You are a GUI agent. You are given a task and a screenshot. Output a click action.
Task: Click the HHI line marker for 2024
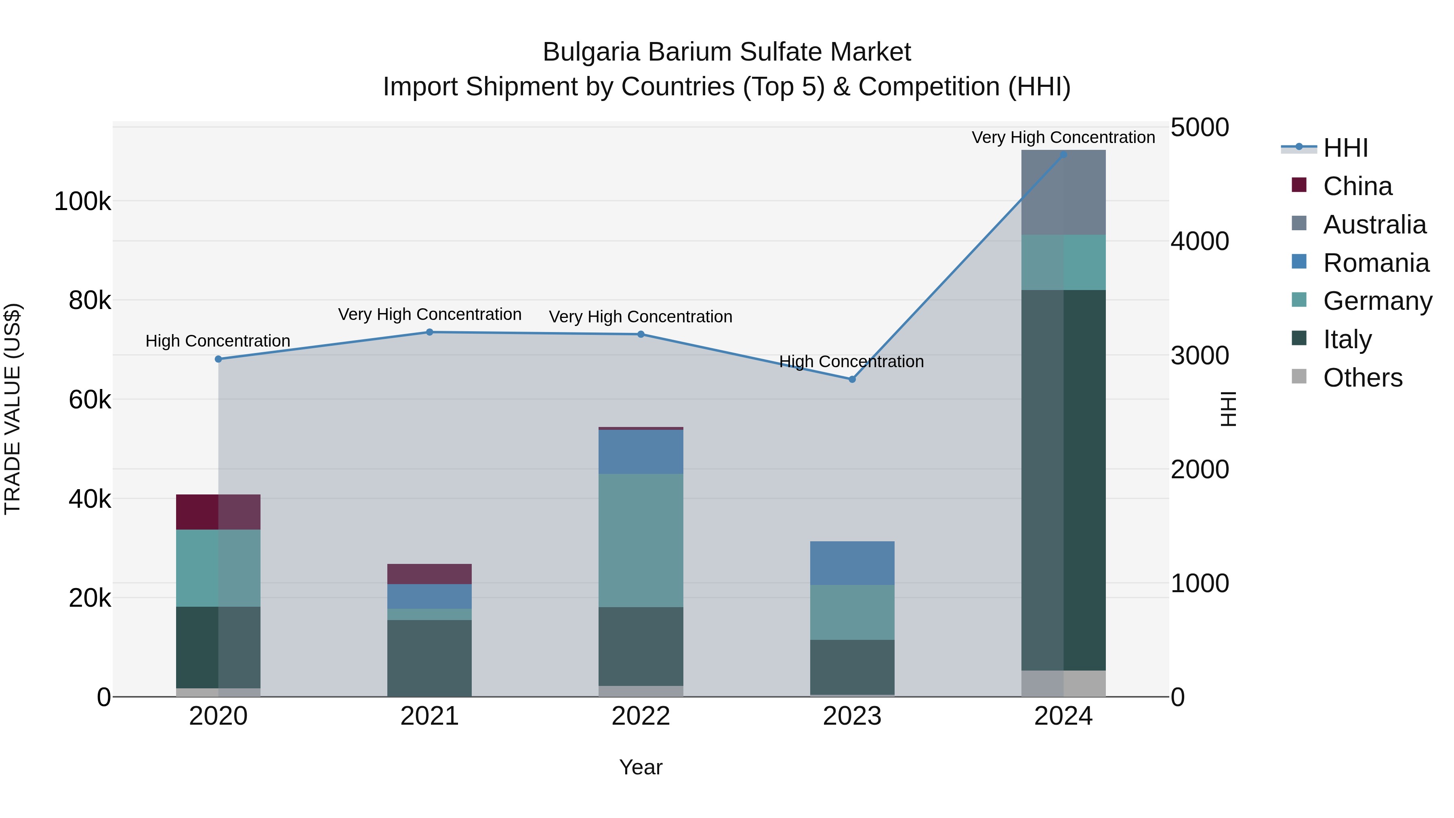click(x=1063, y=154)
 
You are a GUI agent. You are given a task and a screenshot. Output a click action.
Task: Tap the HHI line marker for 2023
click(x=852, y=379)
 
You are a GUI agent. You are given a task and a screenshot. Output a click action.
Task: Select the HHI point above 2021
click(x=430, y=332)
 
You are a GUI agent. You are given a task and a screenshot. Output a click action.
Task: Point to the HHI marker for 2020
click(x=219, y=359)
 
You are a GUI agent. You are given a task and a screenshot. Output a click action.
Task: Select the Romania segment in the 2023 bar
click(x=852, y=563)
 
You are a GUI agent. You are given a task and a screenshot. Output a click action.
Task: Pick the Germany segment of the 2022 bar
click(x=641, y=540)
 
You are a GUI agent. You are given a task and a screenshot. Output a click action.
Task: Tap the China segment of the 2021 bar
click(x=430, y=574)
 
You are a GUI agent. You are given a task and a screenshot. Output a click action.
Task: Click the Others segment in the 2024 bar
click(x=1063, y=683)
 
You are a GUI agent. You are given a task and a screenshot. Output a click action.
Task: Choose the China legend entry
click(x=1357, y=186)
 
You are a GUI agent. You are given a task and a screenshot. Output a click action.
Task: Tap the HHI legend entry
click(x=1345, y=148)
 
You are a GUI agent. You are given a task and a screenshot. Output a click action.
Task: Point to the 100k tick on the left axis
click(x=82, y=202)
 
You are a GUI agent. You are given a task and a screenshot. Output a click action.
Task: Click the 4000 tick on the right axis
click(x=1200, y=241)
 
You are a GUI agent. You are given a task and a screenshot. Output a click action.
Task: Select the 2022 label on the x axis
click(x=641, y=716)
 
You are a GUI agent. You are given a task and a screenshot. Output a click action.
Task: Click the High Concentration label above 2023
click(x=851, y=361)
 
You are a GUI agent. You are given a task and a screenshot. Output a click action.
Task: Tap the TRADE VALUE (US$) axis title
click(x=13, y=409)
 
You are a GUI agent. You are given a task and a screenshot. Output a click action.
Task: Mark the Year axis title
click(x=641, y=767)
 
